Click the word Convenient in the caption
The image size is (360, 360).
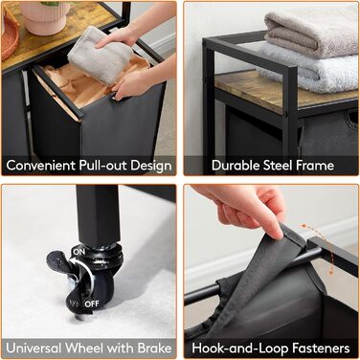coord(39,166)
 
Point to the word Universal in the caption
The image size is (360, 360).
coord(34,348)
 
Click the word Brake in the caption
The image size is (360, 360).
coord(154,348)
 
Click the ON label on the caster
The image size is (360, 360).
coord(79,252)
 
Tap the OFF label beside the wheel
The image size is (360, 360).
coord(92,304)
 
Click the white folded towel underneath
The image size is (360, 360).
coord(309,69)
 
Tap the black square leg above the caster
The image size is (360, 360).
coord(98,214)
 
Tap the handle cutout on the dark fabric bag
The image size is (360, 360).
coord(353,118)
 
